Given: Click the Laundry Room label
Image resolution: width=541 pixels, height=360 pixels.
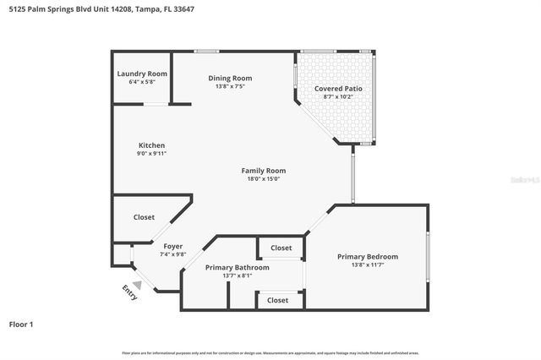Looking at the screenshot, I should (141, 74).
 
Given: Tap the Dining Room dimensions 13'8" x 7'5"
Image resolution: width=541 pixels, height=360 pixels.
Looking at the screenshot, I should (230, 86).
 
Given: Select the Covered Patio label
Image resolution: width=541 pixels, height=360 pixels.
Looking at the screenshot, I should (338, 89).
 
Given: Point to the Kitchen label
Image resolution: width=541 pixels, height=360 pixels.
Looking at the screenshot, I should (151, 145).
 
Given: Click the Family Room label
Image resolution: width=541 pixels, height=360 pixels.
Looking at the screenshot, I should (263, 170).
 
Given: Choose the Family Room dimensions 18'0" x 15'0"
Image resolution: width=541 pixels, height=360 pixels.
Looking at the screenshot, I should (263, 178).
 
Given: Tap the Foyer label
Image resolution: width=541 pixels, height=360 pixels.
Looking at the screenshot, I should (172, 247).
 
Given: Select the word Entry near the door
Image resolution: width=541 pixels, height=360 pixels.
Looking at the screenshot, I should (130, 292).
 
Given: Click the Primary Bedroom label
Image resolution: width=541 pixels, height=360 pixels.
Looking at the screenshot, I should (367, 257).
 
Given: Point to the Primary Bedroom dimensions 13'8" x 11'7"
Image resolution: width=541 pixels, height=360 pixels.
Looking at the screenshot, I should (367, 265).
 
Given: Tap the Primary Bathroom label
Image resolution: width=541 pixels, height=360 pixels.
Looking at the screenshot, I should (237, 268).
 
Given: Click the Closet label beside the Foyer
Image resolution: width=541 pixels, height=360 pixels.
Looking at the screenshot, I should (144, 217).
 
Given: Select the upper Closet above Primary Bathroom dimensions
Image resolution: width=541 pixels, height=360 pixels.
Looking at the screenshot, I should (281, 248).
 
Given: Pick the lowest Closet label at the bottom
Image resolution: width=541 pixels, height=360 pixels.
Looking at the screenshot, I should (277, 300).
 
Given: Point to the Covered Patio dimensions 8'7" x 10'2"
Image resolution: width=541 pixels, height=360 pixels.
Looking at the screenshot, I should (338, 97).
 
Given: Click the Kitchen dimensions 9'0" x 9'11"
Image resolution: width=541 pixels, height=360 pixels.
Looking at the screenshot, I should (151, 154).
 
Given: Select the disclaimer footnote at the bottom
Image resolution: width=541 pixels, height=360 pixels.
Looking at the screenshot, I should (270, 353).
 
